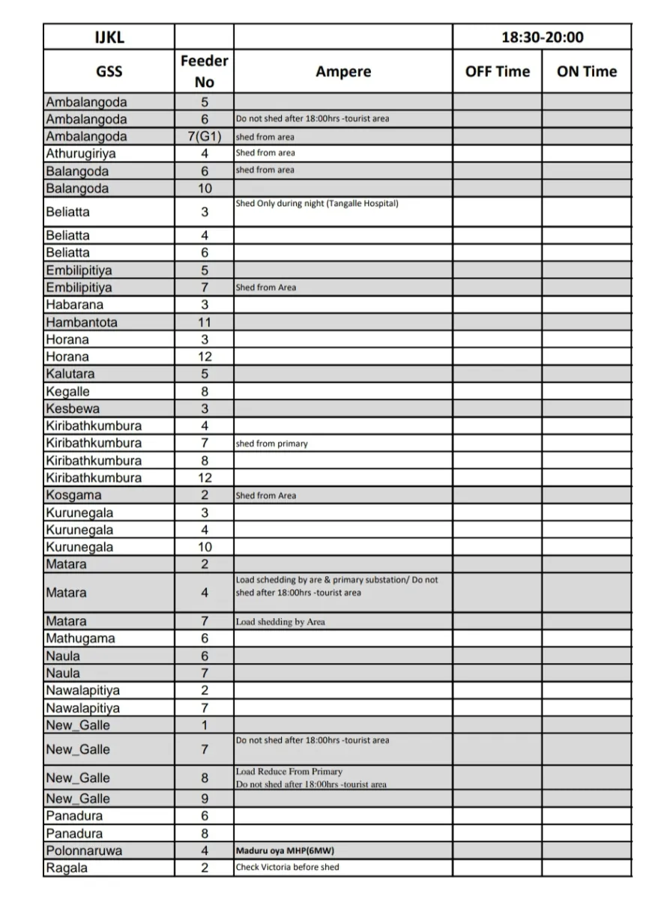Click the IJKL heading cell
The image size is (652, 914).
click(x=109, y=37)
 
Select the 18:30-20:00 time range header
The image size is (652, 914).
click(x=542, y=37)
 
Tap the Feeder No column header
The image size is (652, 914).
click(x=204, y=71)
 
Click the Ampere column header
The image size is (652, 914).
click(x=342, y=72)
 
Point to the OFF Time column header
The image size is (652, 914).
click(x=497, y=72)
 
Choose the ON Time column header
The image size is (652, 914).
click(x=587, y=72)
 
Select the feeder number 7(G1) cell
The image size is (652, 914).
click(x=205, y=136)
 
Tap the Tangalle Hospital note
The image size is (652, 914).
click(x=316, y=203)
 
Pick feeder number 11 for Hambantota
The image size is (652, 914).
click(x=205, y=322)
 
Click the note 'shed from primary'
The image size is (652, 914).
click(x=271, y=444)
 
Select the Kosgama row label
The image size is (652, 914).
click(x=73, y=495)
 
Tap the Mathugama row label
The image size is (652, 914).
click(x=80, y=638)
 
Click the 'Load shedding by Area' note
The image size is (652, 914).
click(x=280, y=622)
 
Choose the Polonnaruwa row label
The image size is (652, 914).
click(x=84, y=851)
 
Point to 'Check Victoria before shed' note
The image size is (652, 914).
click(x=287, y=868)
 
